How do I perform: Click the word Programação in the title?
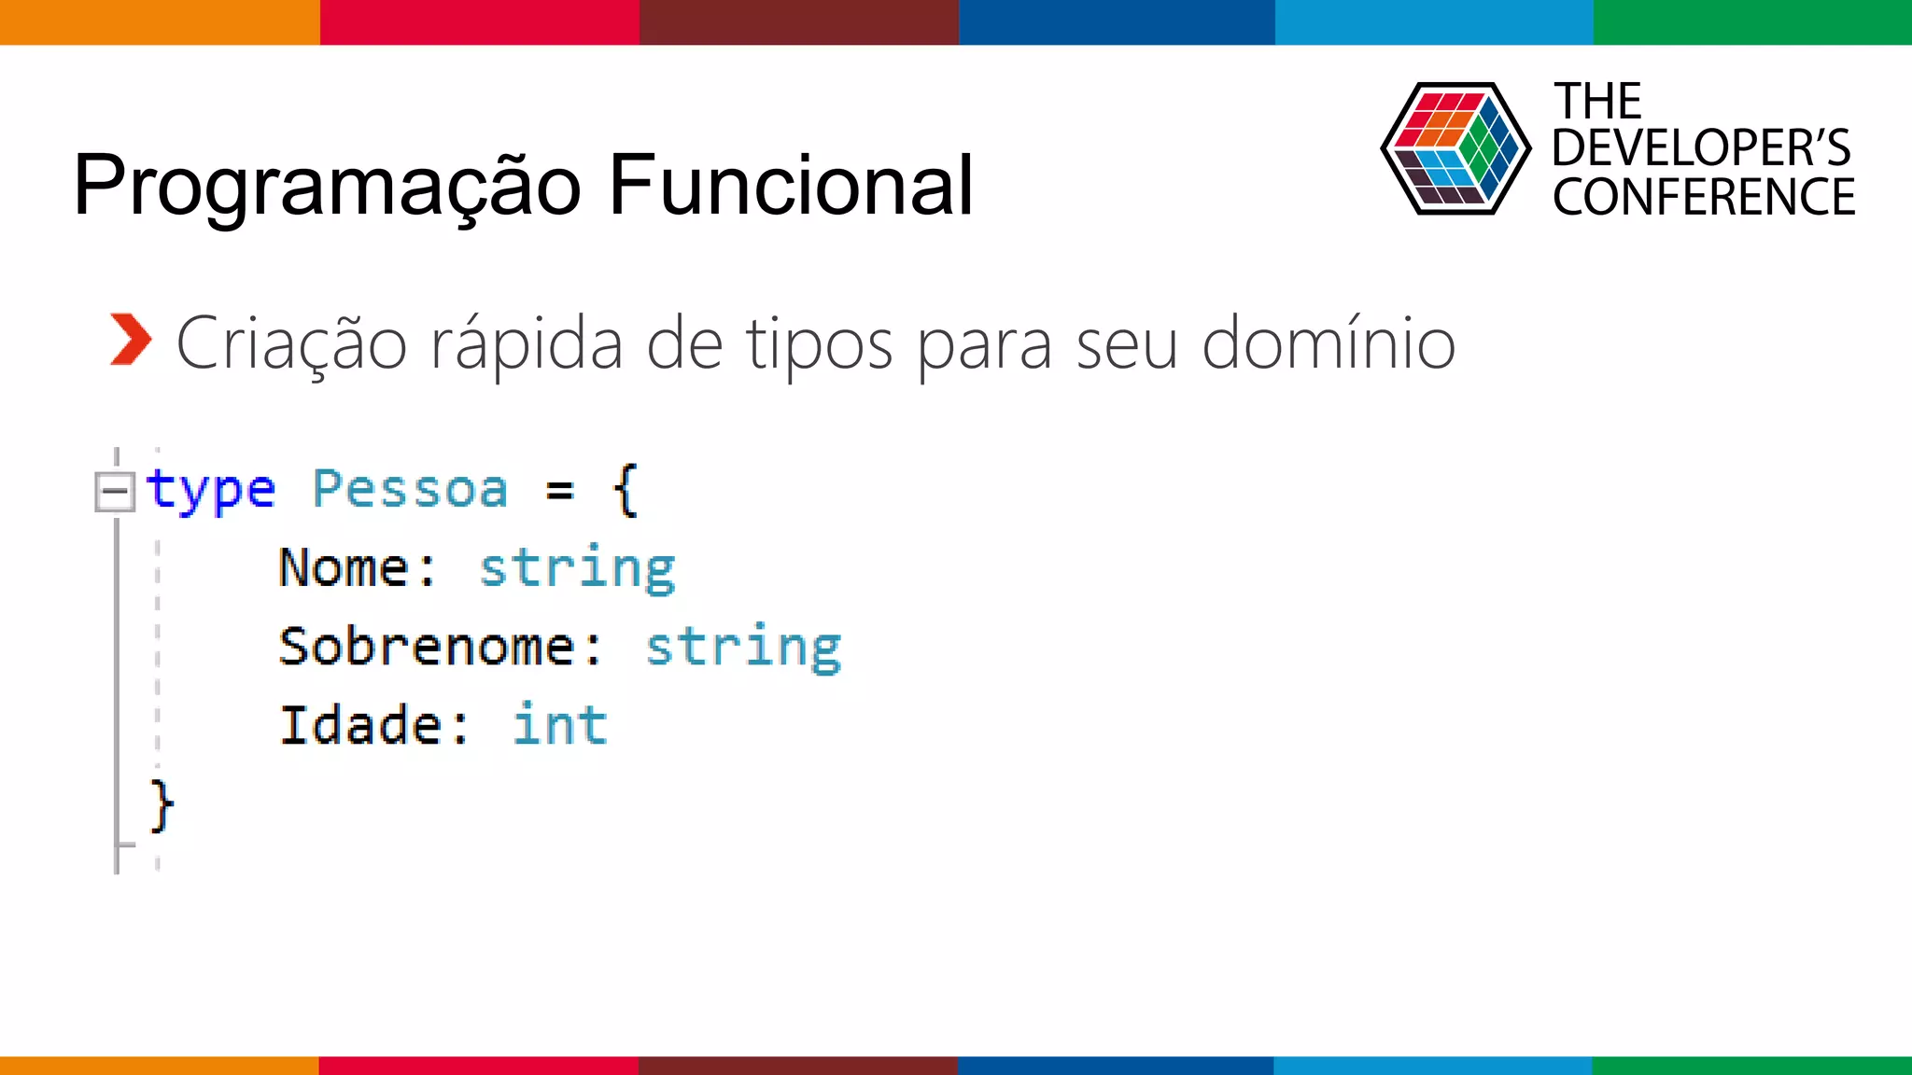point(328,187)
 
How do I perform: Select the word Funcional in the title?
point(791,185)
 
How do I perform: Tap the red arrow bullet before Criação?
point(130,340)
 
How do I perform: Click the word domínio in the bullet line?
point(1328,343)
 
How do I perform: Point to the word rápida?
point(527,343)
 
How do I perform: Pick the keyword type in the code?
point(210,491)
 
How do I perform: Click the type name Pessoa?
point(410,489)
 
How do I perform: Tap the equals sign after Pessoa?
point(560,490)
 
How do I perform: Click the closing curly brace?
point(162,805)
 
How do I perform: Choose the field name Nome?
point(344,567)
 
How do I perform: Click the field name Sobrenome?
point(427,646)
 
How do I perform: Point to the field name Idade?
point(360,725)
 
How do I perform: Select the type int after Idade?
point(560,725)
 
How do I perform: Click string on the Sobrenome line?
point(744,648)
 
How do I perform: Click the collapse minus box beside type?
point(115,491)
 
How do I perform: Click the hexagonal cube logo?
point(1455,149)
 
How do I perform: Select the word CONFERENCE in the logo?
point(1704,198)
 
